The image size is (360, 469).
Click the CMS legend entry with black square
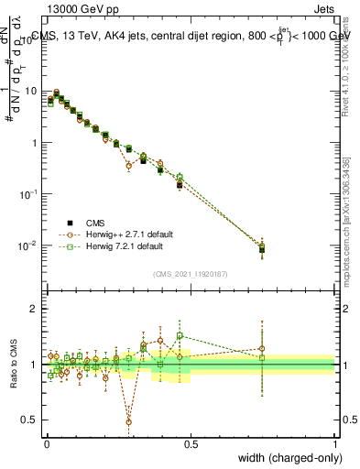click(92, 223)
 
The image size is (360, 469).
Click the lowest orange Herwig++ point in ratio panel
click(129, 421)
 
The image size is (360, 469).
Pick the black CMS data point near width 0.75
click(263, 249)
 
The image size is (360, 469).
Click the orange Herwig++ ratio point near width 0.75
click(263, 348)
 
